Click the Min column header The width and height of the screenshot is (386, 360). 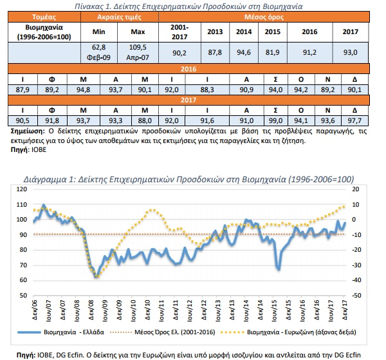coord(98,32)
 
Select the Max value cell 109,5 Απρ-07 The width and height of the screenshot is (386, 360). coord(138,52)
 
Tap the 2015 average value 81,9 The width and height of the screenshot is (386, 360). coord(273,52)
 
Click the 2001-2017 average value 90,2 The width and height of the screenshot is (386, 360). coord(179,52)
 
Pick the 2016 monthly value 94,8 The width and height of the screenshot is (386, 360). coord(83,90)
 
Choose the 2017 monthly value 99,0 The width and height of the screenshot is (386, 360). coord(275,120)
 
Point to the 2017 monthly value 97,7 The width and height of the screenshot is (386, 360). coord(354,120)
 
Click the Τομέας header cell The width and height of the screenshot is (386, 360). coord(44,17)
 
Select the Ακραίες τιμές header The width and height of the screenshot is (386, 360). coord(120,17)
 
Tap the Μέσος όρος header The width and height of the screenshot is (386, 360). coord(264,17)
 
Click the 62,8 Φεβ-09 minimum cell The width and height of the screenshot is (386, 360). coord(98,52)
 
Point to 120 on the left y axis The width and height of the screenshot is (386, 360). coord(22,189)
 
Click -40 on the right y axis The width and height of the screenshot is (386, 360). coord(354,280)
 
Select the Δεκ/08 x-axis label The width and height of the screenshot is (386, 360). coord(91,310)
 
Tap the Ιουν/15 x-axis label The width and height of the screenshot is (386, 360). coord(274,310)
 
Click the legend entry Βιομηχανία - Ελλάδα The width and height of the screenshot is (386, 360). coord(61,332)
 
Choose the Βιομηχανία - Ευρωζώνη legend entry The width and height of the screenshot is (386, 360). coord(288,332)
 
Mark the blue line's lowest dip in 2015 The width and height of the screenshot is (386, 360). coord(279,269)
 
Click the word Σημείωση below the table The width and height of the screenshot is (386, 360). coord(28,131)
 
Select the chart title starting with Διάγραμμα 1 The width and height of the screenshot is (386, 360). coord(188,179)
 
